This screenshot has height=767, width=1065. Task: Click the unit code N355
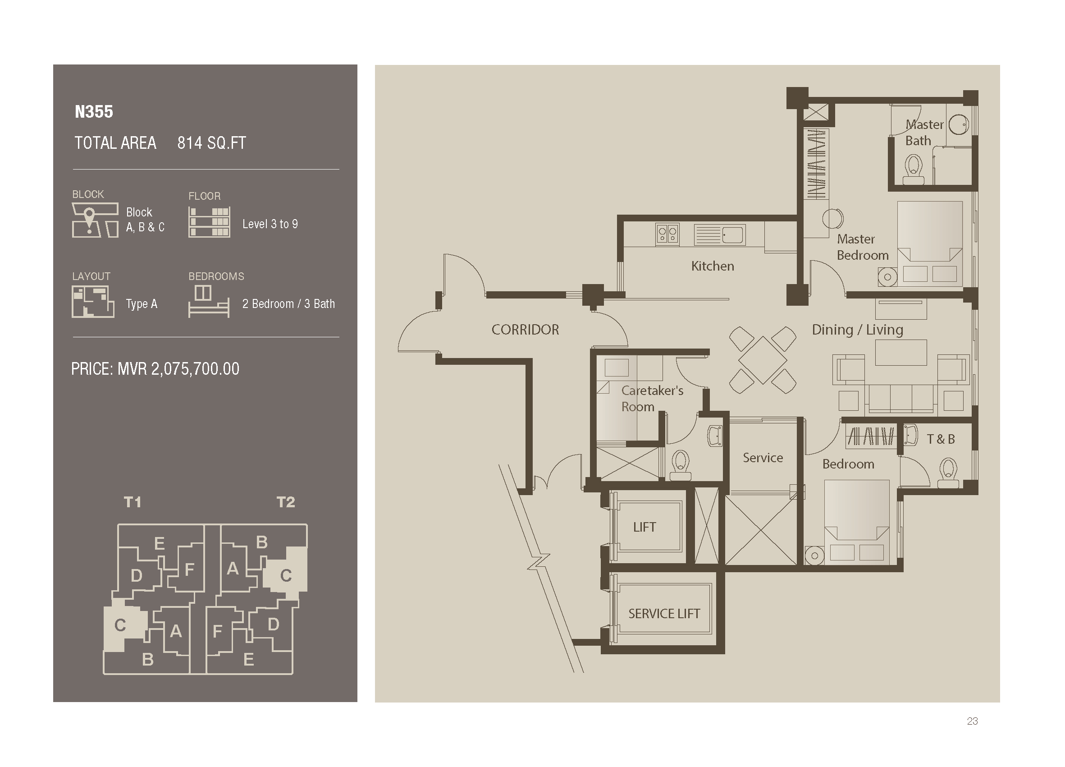(94, 112)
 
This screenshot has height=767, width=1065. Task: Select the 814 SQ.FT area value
(211, 143)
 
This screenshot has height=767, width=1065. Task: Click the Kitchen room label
(713, 266)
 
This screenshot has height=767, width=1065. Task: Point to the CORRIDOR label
(525, 330)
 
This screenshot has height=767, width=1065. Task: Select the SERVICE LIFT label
(664, 613)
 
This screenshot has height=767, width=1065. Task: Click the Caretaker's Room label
(652, 398)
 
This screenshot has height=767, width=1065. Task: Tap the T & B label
(941, 439)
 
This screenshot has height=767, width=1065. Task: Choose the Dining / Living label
(857, 330)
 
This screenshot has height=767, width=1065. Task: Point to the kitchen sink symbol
(719, 234)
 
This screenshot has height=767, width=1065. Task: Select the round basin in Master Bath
(958, 125)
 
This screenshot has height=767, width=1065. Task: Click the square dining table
(763, 360)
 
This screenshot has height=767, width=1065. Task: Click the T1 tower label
(133, 502)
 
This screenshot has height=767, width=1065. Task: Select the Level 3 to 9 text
(270, 224)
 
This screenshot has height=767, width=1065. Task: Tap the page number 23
(972, 721)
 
